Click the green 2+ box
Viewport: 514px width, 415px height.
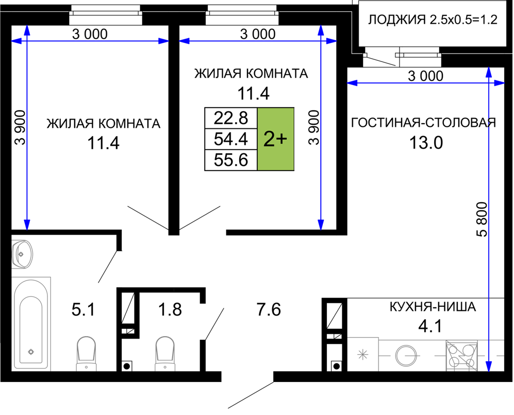pos(276,139)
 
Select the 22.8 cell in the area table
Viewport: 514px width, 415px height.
pos(231,118)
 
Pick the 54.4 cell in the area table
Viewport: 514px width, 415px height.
pos(231,139)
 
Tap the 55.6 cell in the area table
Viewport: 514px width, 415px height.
pos(231,160)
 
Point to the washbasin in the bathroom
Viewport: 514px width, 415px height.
pos(22,254)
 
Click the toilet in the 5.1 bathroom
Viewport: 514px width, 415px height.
pos(86,353)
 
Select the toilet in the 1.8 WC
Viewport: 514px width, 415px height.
pos(165,353)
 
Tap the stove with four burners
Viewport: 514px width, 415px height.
pos(461,356)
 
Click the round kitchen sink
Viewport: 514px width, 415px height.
pos(407,356)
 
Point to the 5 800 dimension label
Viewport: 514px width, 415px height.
pos(482,219)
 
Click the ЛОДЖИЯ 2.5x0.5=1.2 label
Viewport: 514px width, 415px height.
pos(433,20)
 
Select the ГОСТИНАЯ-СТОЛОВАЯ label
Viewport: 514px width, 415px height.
pos(424,122)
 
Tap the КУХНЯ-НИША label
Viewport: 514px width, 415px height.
pos(433,307)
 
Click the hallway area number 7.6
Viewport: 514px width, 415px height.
pos(269,309)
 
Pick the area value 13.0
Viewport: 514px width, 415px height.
pos(426,143)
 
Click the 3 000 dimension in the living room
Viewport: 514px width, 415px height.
pos(426,76)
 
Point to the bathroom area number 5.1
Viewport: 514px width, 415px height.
pos(84,309)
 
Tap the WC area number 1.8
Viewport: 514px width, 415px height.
pos(170,309)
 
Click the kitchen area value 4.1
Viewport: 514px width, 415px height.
pos(430,326)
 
